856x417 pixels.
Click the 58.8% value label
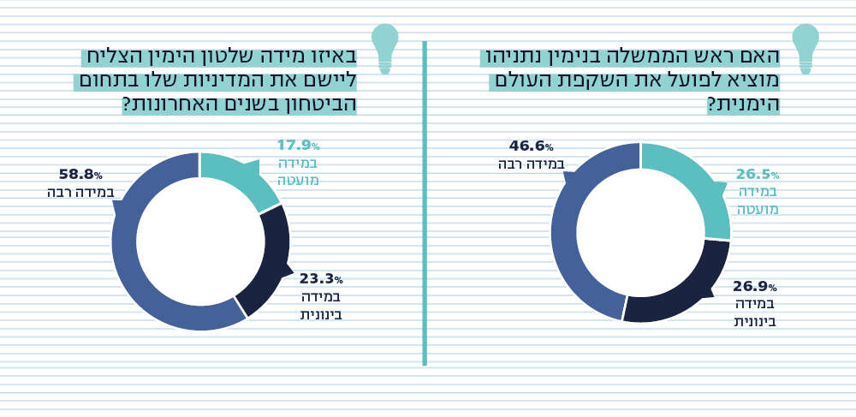click(80, 174)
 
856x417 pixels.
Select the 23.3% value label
click(321, 279)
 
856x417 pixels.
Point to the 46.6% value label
click(531, 146)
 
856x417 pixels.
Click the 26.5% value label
click(758, 175)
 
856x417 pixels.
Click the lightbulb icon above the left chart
click(385, 48)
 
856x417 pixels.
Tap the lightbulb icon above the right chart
click(805, 48)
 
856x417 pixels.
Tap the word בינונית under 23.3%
click(321, 314)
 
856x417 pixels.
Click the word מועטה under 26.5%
click(758, 208)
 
